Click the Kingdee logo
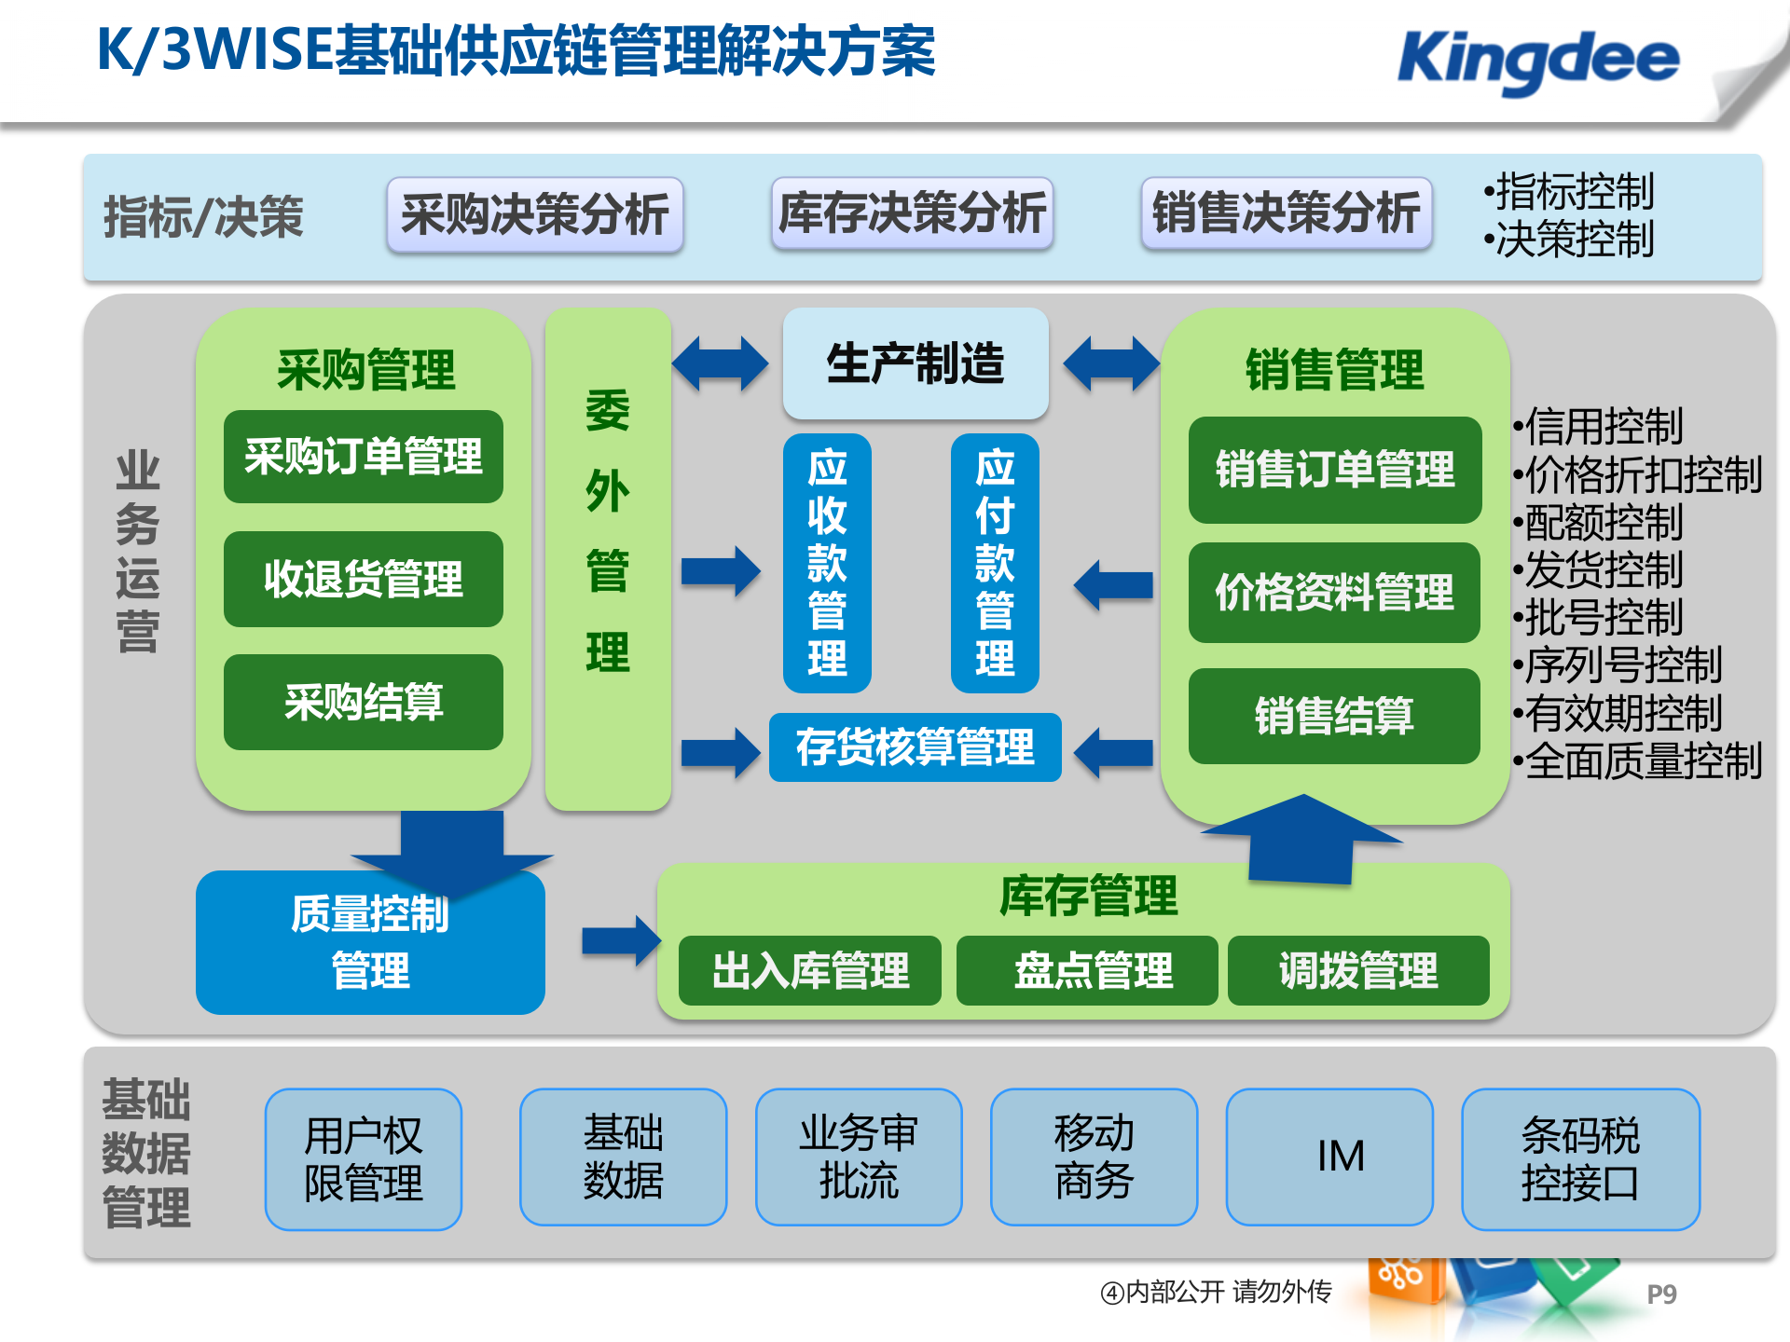[1538, 61]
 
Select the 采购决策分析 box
[535, 215]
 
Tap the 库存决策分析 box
[912, 213]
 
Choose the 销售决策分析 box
[1286, 213]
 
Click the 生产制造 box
[916, 363]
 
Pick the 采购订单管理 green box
[364, 457]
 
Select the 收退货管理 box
[364, 579]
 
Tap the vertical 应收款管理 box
[827, 563]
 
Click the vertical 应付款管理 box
[995, 563]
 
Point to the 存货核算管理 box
[915, 747]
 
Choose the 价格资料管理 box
[1334, 593]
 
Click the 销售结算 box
[1334, 716]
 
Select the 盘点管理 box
[1093, 971]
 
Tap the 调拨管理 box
[1358, 971]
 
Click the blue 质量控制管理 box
[370, 943]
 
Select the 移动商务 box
[1094, 1157]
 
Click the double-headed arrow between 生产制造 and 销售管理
[1111, 363]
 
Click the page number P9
[1661, 1294]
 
